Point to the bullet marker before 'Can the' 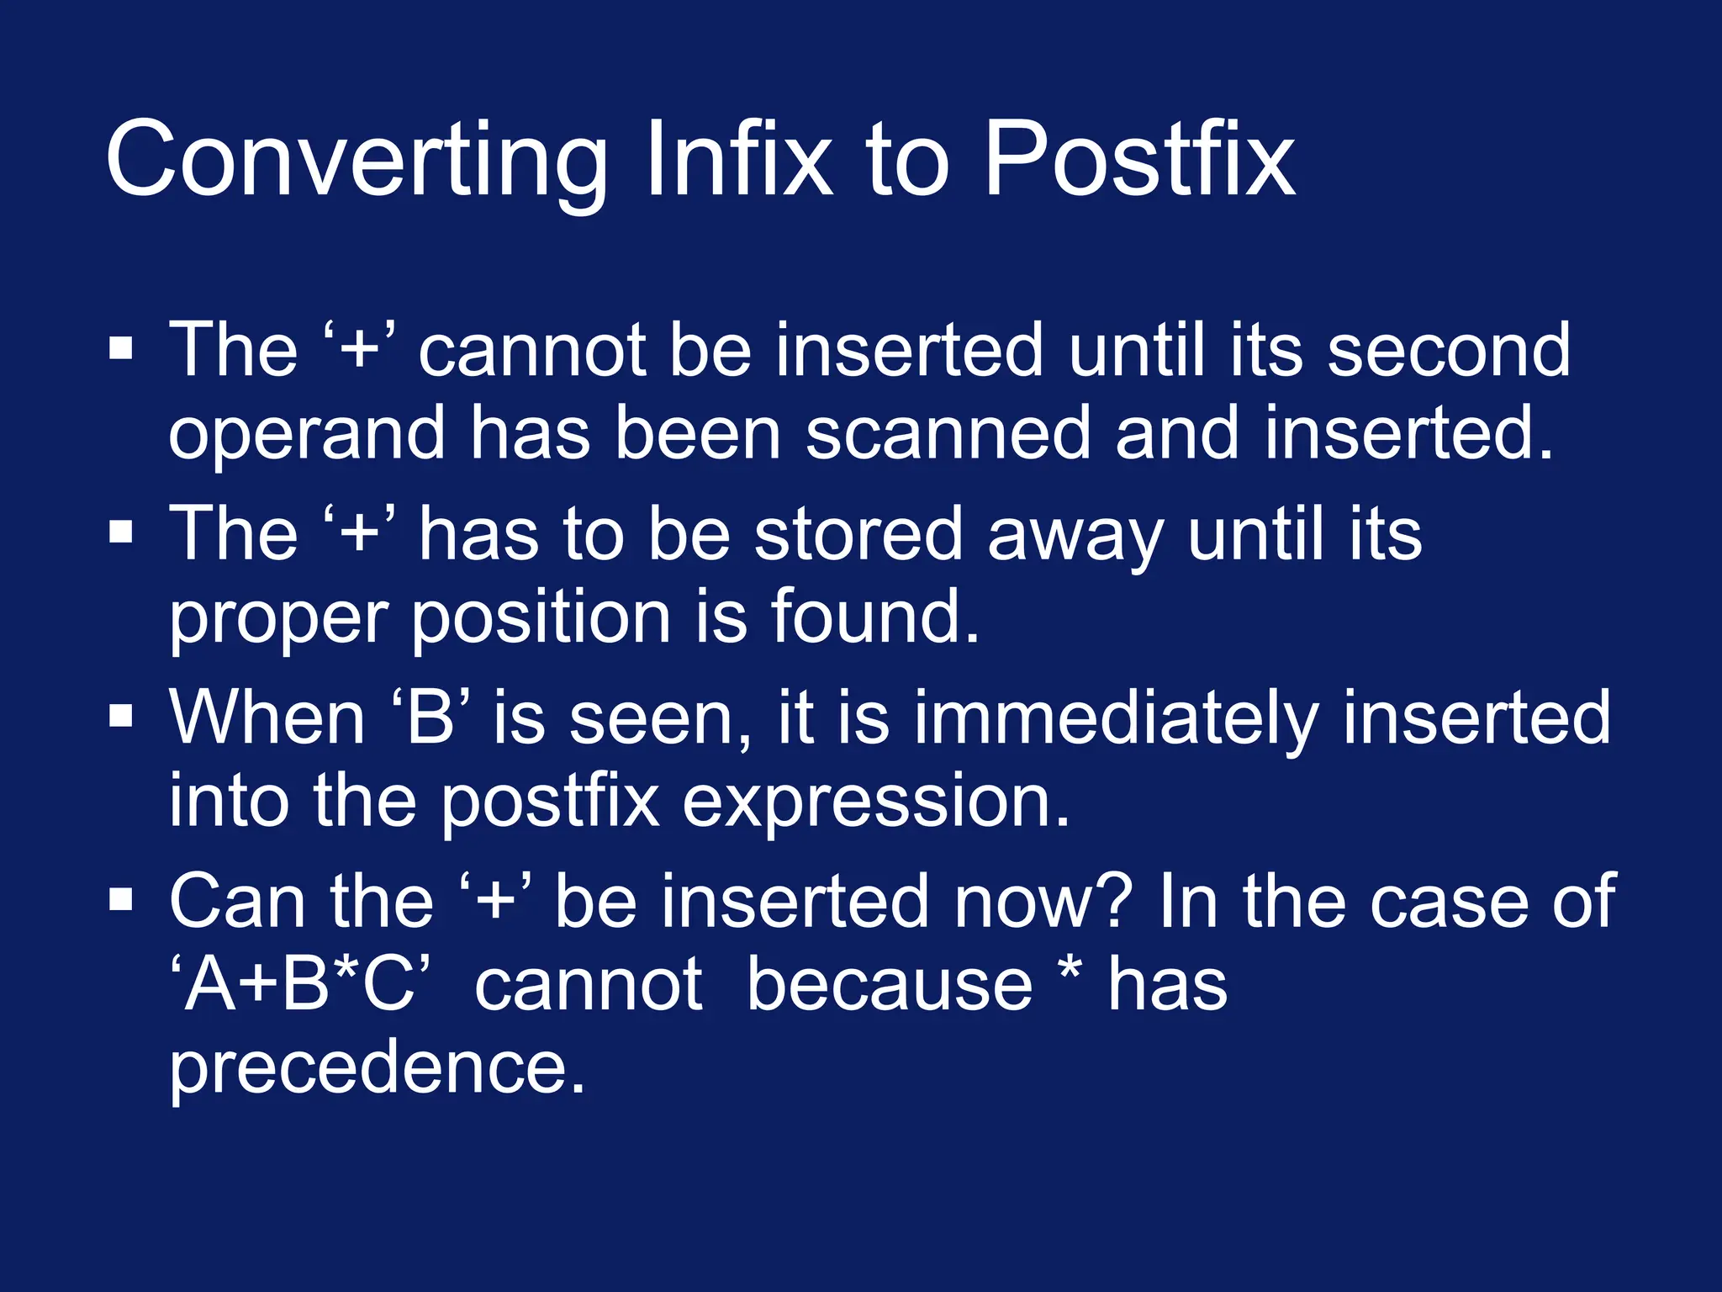point(121,899)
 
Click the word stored point(858,534)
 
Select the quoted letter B point(430,717)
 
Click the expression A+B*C point(300,984)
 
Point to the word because point(890,984)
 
